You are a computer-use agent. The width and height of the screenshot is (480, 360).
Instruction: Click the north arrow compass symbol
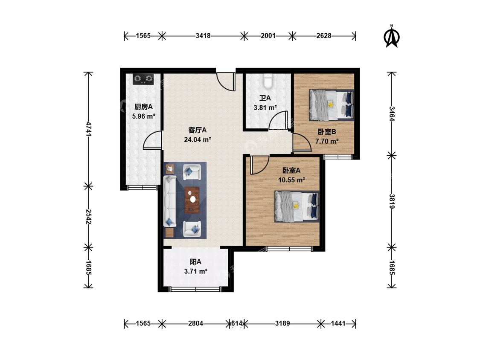(392, 36)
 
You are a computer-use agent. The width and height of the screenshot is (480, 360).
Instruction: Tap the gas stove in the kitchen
(143, 79)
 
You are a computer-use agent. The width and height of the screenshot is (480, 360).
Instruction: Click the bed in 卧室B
(331, 105)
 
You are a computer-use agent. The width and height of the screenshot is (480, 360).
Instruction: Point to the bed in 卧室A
(297, 206)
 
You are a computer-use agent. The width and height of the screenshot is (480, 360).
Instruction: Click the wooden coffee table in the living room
(192, 200)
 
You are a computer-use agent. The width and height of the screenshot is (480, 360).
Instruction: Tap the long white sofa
(170, 201)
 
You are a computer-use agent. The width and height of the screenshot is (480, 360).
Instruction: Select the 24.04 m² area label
(198, 140)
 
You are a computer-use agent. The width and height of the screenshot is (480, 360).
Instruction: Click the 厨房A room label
(143, 107)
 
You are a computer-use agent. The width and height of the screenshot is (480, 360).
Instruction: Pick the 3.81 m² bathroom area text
(265, 108)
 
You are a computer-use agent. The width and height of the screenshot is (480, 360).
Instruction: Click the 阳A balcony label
(195, 262)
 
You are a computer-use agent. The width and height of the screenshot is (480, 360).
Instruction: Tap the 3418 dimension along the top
(203, 36)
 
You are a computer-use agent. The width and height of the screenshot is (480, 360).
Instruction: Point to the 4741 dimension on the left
(88, 129)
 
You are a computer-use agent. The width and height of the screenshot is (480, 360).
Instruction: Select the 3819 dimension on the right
(392, 201)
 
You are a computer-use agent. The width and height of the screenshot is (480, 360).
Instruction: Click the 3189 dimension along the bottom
(282, 323)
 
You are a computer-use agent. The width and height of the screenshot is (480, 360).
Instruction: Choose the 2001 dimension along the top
(268, 36)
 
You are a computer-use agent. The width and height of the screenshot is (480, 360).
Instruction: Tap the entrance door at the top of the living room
(226, 82)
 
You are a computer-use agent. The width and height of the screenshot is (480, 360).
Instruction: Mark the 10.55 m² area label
(291, 180)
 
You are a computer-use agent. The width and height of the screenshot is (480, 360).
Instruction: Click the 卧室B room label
(327, 132)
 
